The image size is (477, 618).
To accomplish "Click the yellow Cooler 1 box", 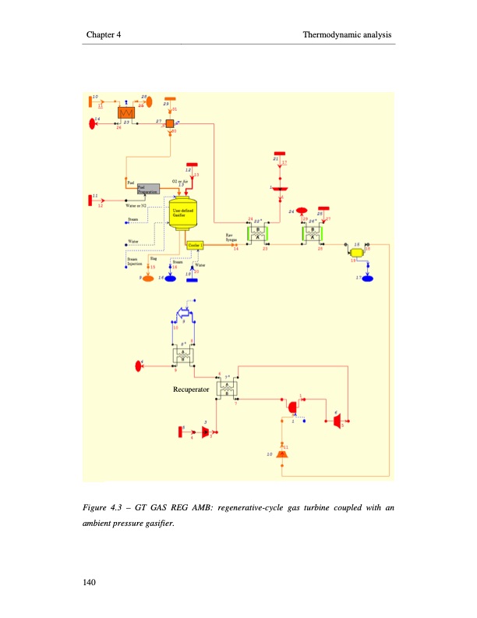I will pos(195,244).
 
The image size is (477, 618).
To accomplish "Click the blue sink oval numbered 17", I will pos(368,277).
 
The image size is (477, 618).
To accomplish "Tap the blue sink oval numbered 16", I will pos(171,277).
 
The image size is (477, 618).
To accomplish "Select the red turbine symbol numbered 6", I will pos(336,422).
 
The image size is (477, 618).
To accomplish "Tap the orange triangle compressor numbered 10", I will pos(282,453).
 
